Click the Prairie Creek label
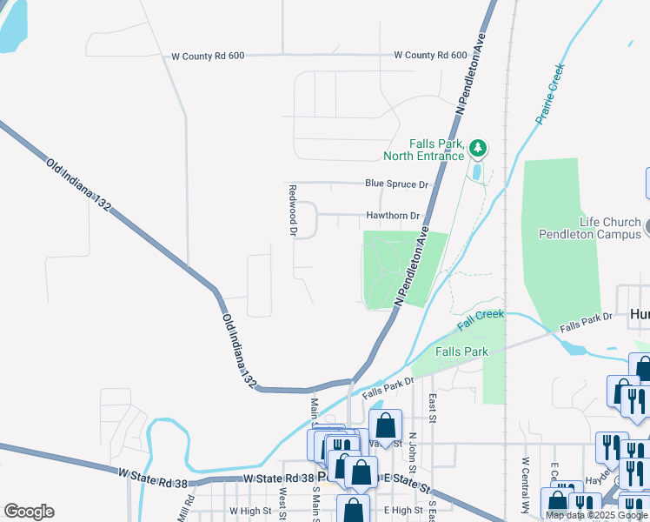[550, 93]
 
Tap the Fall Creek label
[481, 319]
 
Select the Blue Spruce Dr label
[397, 184]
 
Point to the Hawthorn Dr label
[393, 216]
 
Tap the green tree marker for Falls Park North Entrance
[477, 149]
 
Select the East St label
[432, 405]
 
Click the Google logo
[29, 512]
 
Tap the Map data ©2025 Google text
[597, 515]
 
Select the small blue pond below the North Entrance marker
[476, 171]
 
